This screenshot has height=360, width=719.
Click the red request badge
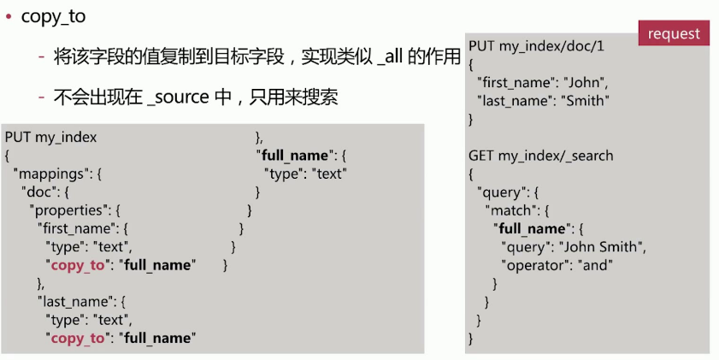point(674,33)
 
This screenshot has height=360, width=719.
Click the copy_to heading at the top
point(53,16)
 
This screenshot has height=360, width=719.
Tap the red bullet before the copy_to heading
point(9,16)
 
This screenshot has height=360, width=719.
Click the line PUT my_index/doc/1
point(536,45)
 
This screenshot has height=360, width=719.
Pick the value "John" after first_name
point(583,82)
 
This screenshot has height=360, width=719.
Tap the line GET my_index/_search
point(540,156)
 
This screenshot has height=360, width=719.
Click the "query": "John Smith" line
point(573,246)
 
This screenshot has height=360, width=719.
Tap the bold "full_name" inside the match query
point(531,228)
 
